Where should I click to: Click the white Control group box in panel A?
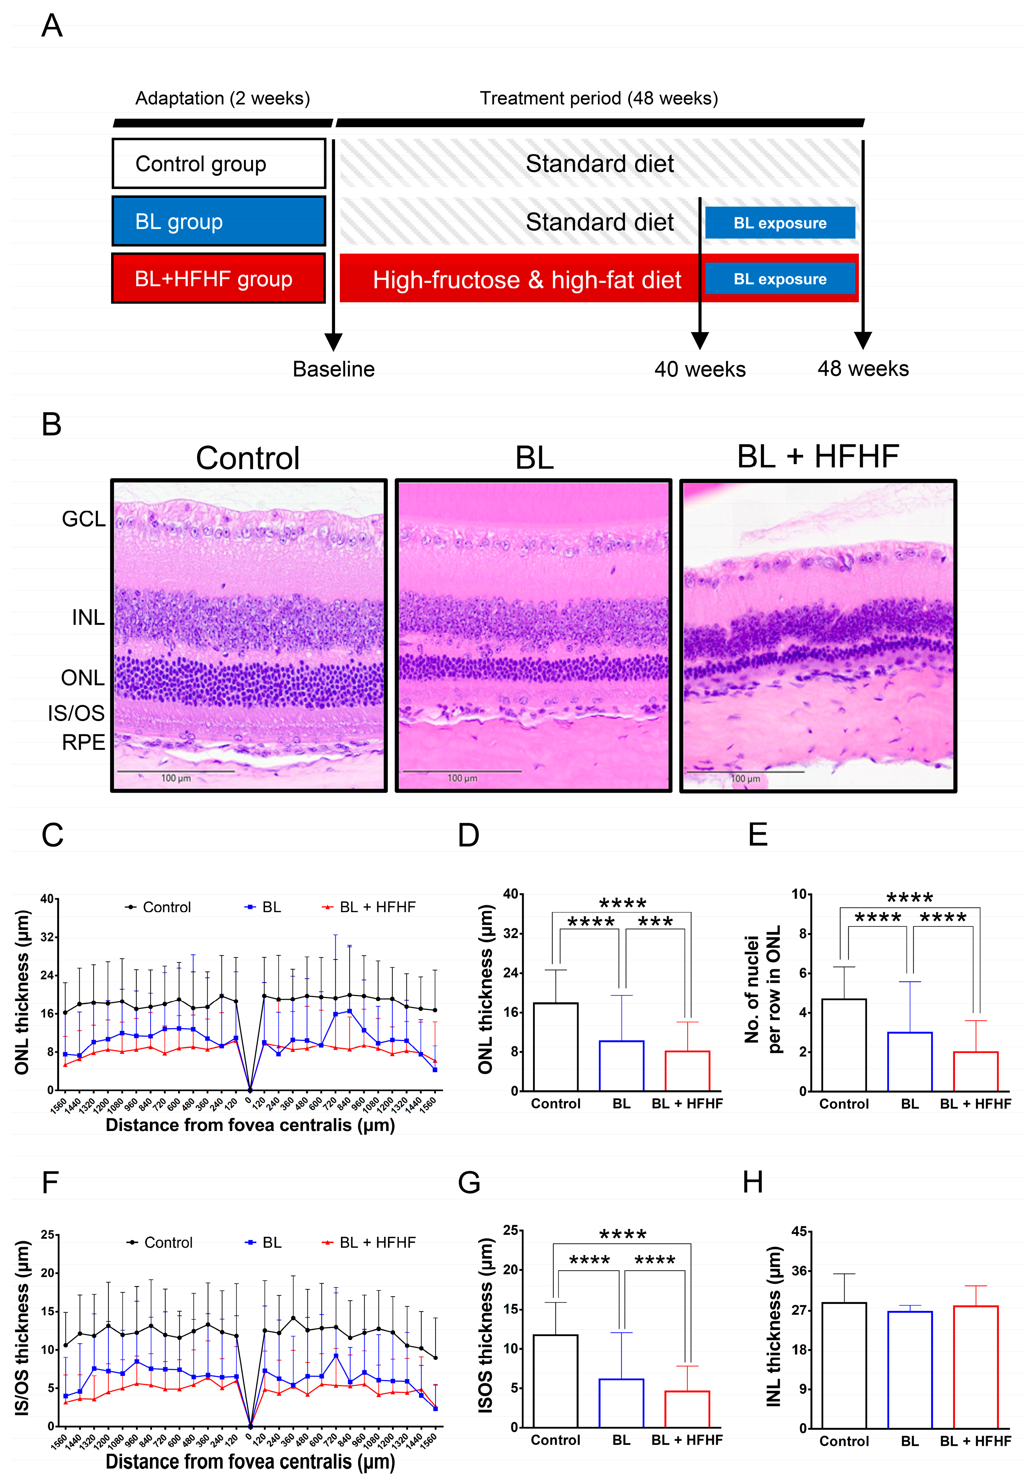point(218,164)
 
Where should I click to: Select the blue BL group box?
point(218,222)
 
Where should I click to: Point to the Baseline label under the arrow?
point(333,369)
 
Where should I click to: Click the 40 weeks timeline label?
point(699,369)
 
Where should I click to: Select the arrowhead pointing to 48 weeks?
point(862,340)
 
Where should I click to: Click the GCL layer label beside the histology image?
point(84,519)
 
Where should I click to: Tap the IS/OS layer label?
point(76,713)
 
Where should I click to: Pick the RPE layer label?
point(84,742)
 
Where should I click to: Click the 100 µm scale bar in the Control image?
point(175,771)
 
